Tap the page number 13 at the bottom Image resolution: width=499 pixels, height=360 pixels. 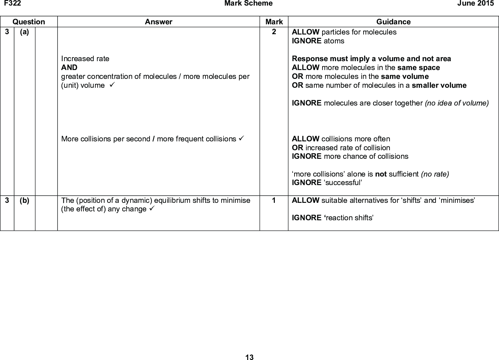click(250, 357)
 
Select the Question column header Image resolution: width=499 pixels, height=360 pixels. click(29, 22)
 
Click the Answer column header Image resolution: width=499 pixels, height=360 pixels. click(158, 22)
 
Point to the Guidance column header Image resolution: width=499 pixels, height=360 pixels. click(393, 22)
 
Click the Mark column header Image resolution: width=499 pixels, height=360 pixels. click(274, 22)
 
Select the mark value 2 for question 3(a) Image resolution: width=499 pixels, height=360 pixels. click(274, 32)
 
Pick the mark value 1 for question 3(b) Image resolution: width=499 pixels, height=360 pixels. click(274, 200)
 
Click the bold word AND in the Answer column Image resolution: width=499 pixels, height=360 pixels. click(69, 67)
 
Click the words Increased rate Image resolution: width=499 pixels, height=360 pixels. click(85, 59)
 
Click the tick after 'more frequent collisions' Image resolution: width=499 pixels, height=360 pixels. click(242, 139)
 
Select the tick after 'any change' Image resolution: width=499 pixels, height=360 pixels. click(152, 209)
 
